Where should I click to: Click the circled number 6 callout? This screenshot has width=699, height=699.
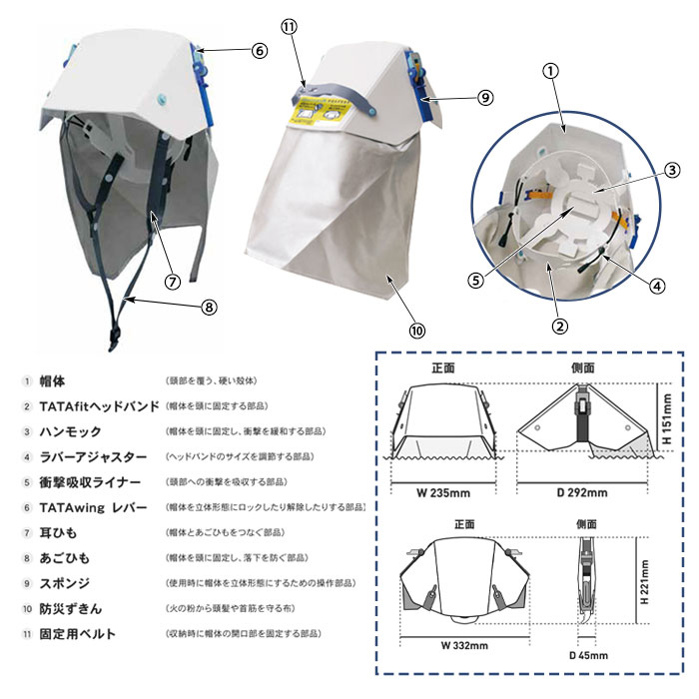(x=259, y=49)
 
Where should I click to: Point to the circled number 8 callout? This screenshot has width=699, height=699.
(x=208, y=307)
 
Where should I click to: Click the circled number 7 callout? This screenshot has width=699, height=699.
(x=172, y=281)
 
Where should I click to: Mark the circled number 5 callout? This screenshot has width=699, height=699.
(x=476, y=281)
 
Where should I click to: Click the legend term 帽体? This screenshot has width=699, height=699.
(x=53, y=380)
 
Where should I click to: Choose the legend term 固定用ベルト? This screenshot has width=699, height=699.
(x=77, y=633)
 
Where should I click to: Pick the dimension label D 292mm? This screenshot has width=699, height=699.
(x=582, y=492)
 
